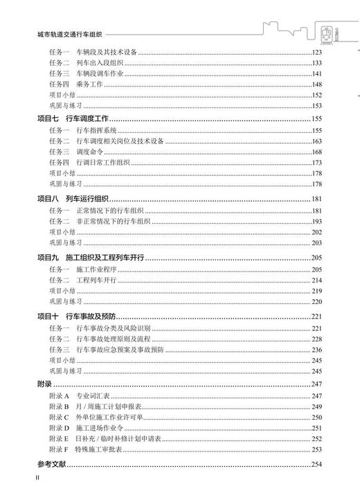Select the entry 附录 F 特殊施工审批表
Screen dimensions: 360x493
click(91, 449)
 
